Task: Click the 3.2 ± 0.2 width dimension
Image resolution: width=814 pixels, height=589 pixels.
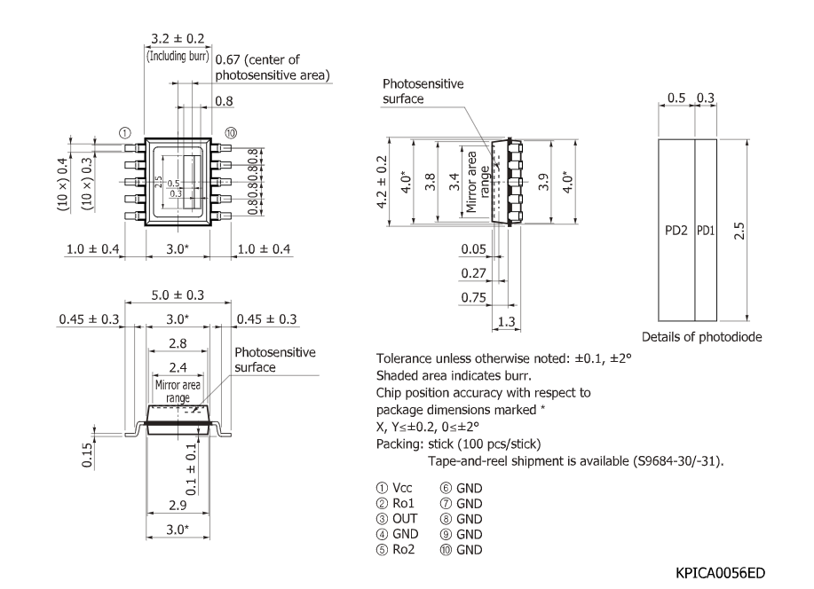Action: click(x=177, y=39)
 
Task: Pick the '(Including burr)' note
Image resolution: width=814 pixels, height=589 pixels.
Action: click(x=177, y=56)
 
